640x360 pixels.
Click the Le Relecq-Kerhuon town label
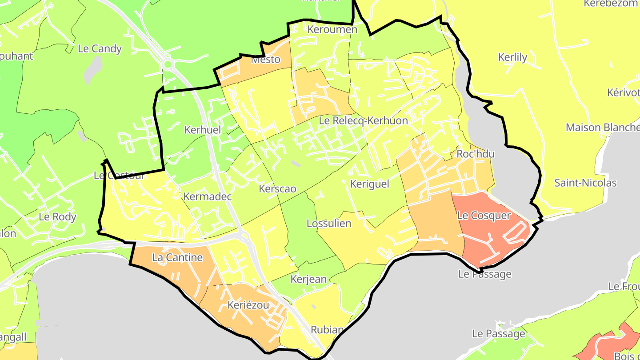363,120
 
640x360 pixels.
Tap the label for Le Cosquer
484,216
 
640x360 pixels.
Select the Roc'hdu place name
475,154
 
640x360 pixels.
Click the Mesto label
266,60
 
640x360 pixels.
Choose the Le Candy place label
100,49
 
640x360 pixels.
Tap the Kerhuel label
202,130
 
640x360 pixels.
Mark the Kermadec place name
208,196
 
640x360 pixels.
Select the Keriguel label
369,184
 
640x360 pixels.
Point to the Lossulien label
329,224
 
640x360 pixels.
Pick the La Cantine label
177,257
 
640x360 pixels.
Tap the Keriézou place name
248,305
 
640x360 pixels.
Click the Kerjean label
308,280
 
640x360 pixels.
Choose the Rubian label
327,330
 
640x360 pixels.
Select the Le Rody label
58,217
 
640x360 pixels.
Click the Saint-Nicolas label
585,183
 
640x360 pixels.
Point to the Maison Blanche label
602,128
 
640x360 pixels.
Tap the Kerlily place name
512,57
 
